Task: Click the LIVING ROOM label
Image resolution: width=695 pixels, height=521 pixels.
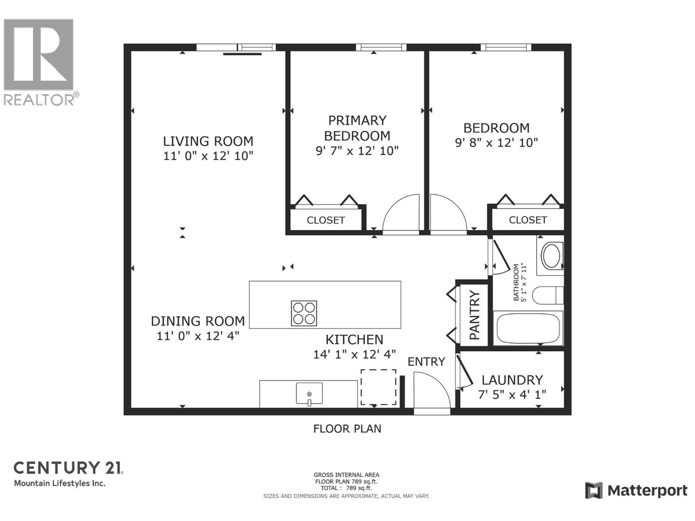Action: coord(208,141)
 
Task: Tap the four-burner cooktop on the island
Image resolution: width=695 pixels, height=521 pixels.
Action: coord(304,313)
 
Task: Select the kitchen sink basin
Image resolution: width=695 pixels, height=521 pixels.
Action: coord(309,393)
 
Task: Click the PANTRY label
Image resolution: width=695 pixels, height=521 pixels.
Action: coord(474,315)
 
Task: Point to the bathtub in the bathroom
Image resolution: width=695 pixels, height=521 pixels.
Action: coord(528,328)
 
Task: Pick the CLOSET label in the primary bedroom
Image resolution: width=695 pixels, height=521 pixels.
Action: coord(326,220)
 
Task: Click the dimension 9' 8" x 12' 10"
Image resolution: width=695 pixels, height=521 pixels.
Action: coord(496,142)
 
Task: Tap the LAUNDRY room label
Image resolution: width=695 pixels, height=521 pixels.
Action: coord(512,380)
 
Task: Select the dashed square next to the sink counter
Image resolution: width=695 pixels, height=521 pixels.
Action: coord(378,387)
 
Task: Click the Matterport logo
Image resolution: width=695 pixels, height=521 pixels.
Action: coord(636,491)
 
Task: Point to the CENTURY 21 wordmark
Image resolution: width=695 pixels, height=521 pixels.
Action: coord(68,468)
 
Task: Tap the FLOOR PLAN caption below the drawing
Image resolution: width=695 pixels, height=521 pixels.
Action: coord(347,429)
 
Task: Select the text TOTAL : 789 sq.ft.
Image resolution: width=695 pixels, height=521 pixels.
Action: coord(346,488)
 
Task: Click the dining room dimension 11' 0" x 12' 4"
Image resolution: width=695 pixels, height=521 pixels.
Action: coord(198,336)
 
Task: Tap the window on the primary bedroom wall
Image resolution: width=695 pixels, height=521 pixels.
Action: coord(381,47)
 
